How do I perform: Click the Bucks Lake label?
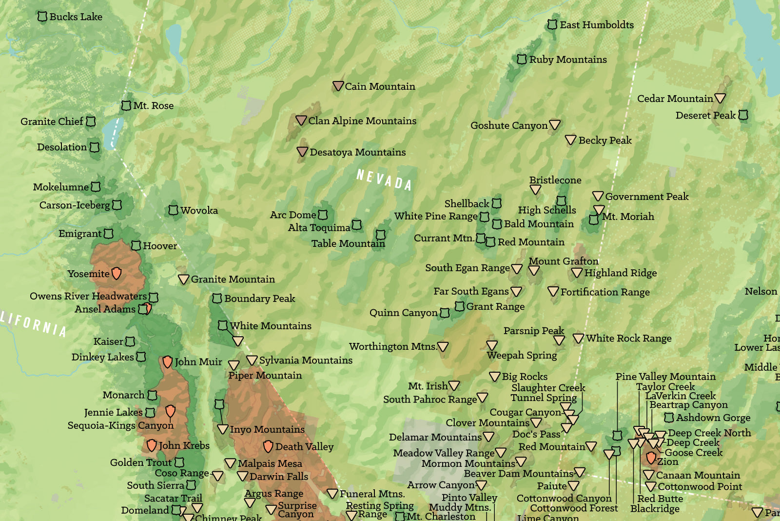point(76,17)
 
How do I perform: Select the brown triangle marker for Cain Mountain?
point(338,86)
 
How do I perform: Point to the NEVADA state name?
point(384,180)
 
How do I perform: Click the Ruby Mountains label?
point(568,60)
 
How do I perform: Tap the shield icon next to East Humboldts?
point(552,24)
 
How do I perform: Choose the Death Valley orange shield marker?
point(268,446)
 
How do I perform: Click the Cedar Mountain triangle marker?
point(720,98)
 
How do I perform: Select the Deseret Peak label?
point(705,116)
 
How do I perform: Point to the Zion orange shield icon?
point(651,458)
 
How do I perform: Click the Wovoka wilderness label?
point(199,210)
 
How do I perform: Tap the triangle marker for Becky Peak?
point(570,140)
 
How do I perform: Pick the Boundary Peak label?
point(259,298)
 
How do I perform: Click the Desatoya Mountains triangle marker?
point(302,152)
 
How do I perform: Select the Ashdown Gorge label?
point(713,418)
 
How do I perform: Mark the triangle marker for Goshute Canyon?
point(554,124)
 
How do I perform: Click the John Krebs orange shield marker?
point(152,445)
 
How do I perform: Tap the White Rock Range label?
point(628,338)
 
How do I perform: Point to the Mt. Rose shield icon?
point(126,105)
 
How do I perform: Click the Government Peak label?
point(646,197)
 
